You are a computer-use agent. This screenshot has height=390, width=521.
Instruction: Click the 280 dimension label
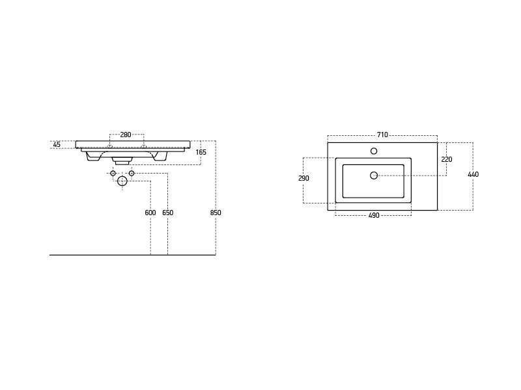pyautogui.click(x=126, y=135)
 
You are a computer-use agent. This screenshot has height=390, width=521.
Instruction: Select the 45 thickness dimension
pyautogui.click(x=57, y=144)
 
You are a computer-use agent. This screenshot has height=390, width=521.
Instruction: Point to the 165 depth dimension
pyautogui.click(x=201, y=152)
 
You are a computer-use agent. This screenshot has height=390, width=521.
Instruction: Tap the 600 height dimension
pyautogui.click(x=150, y=213)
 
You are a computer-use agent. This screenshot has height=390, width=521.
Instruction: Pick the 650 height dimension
pyautogui.click(x=168, y=213)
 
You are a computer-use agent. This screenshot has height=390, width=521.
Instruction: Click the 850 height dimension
pyautogui.click(x=216, y=213)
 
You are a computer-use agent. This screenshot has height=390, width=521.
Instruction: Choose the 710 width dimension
pyautogui.click(x=382, y=135)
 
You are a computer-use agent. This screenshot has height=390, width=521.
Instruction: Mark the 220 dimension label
pyautogui.click(x=447, y=159)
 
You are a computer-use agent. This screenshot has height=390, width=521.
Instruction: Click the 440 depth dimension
pyautogui.click(x=473, y=174)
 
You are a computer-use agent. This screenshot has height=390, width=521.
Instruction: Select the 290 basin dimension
pyautogui.click(x=303, y=178)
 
